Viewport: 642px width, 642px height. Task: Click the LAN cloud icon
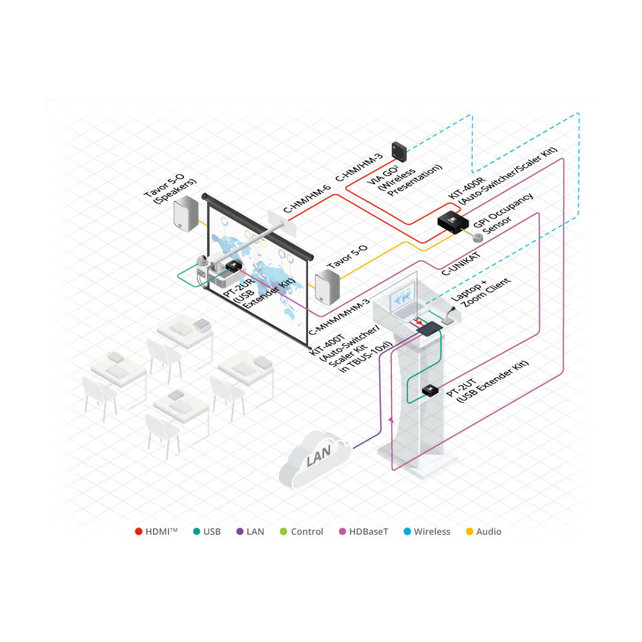pos(314,461)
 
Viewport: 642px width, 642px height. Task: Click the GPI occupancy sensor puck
pos(478,238)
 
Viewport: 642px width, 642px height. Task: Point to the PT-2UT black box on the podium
pos(430,390)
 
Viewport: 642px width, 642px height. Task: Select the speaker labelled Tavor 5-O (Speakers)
pos(186,214)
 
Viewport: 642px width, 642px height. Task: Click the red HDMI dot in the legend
pos(139,532)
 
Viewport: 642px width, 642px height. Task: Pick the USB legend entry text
pos(212,532)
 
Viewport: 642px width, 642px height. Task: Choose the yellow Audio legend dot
pos(469,532)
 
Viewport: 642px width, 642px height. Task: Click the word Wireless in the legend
pos(432,532)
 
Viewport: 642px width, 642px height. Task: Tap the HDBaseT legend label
pos(368,532)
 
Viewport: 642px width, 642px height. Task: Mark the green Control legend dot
pos(284,532)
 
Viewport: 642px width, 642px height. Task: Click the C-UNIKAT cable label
pos(461,263)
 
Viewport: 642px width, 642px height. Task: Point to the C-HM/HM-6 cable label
pos(307,199)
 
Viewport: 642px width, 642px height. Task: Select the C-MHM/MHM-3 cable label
pos(339,317)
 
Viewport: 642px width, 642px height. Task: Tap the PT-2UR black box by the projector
pos(234,266)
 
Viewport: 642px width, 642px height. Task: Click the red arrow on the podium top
pos(417,320)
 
